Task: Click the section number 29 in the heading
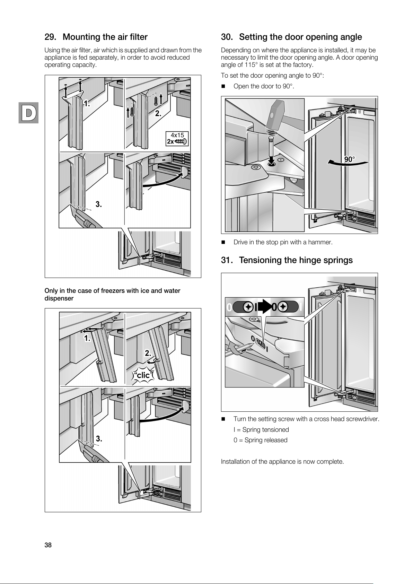pyautogui.click(x=50, y=37)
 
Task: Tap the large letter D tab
pyautogui.click(x=28, y=112)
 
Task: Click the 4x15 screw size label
pyautogui.click(x=177, y=135)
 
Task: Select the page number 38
pyautogui.click(x=48, y=545)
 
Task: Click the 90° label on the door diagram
pyautogui.click(x=350, y=159)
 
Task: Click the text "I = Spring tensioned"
pyautogui.click(x=261, y=430)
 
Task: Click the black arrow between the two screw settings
pyautogui.click(x=265, y=307)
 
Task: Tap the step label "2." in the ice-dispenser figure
pyautogui.click(x=148, y=353)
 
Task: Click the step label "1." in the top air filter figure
pyautogui.click(x=87, y=103)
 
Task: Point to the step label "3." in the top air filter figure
pyautogui.click(x=99, y=204)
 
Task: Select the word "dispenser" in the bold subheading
pyautogui.click(x=59, y=298)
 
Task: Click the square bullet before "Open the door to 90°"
pyautogui.click(x=223, y=86)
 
